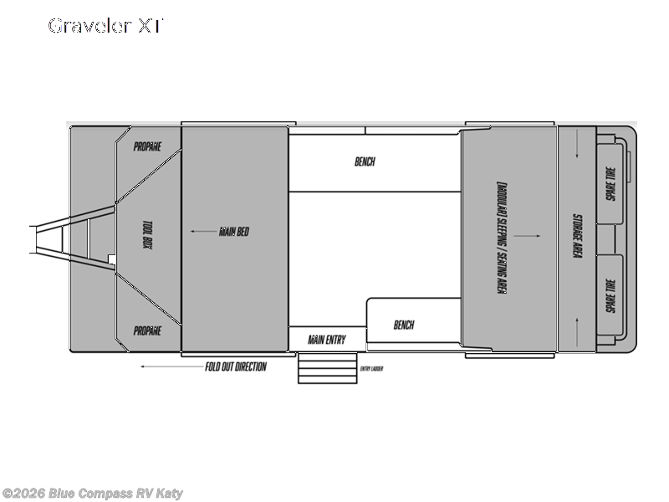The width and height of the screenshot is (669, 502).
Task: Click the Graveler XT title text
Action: (x=105, y=26)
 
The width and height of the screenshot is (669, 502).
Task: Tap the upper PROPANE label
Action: (x=147, y=146)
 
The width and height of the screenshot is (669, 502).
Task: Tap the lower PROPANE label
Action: (x=147, y=330)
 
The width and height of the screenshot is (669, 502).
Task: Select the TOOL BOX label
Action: (x=147, y=238)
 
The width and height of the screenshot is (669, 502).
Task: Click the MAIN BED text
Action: (x=234, y=232)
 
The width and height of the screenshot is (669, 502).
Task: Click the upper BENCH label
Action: (x=365, y=161)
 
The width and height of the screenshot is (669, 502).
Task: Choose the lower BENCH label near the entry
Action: (x=403, y=325)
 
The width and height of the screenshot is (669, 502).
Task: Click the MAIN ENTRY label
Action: (x=326, y=340)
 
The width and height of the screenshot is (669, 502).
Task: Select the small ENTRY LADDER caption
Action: (x=371, y=368)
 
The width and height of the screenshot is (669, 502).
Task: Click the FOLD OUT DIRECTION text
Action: (x=236, y=366)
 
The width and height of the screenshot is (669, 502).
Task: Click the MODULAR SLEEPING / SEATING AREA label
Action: (x=502, y=237)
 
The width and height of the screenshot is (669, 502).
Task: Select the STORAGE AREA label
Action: (x=576, y=237)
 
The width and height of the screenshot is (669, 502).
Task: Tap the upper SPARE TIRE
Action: (x=611, y=183)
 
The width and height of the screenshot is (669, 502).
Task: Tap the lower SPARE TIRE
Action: (x=611, y=295)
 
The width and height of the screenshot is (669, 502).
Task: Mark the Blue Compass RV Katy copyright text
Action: (x=92, y=494)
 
